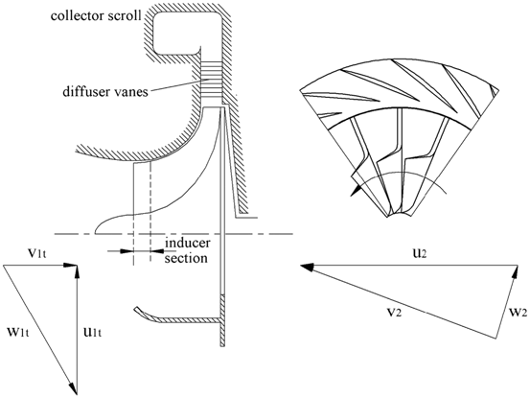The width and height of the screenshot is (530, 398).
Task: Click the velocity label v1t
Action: [x=36, y=253]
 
